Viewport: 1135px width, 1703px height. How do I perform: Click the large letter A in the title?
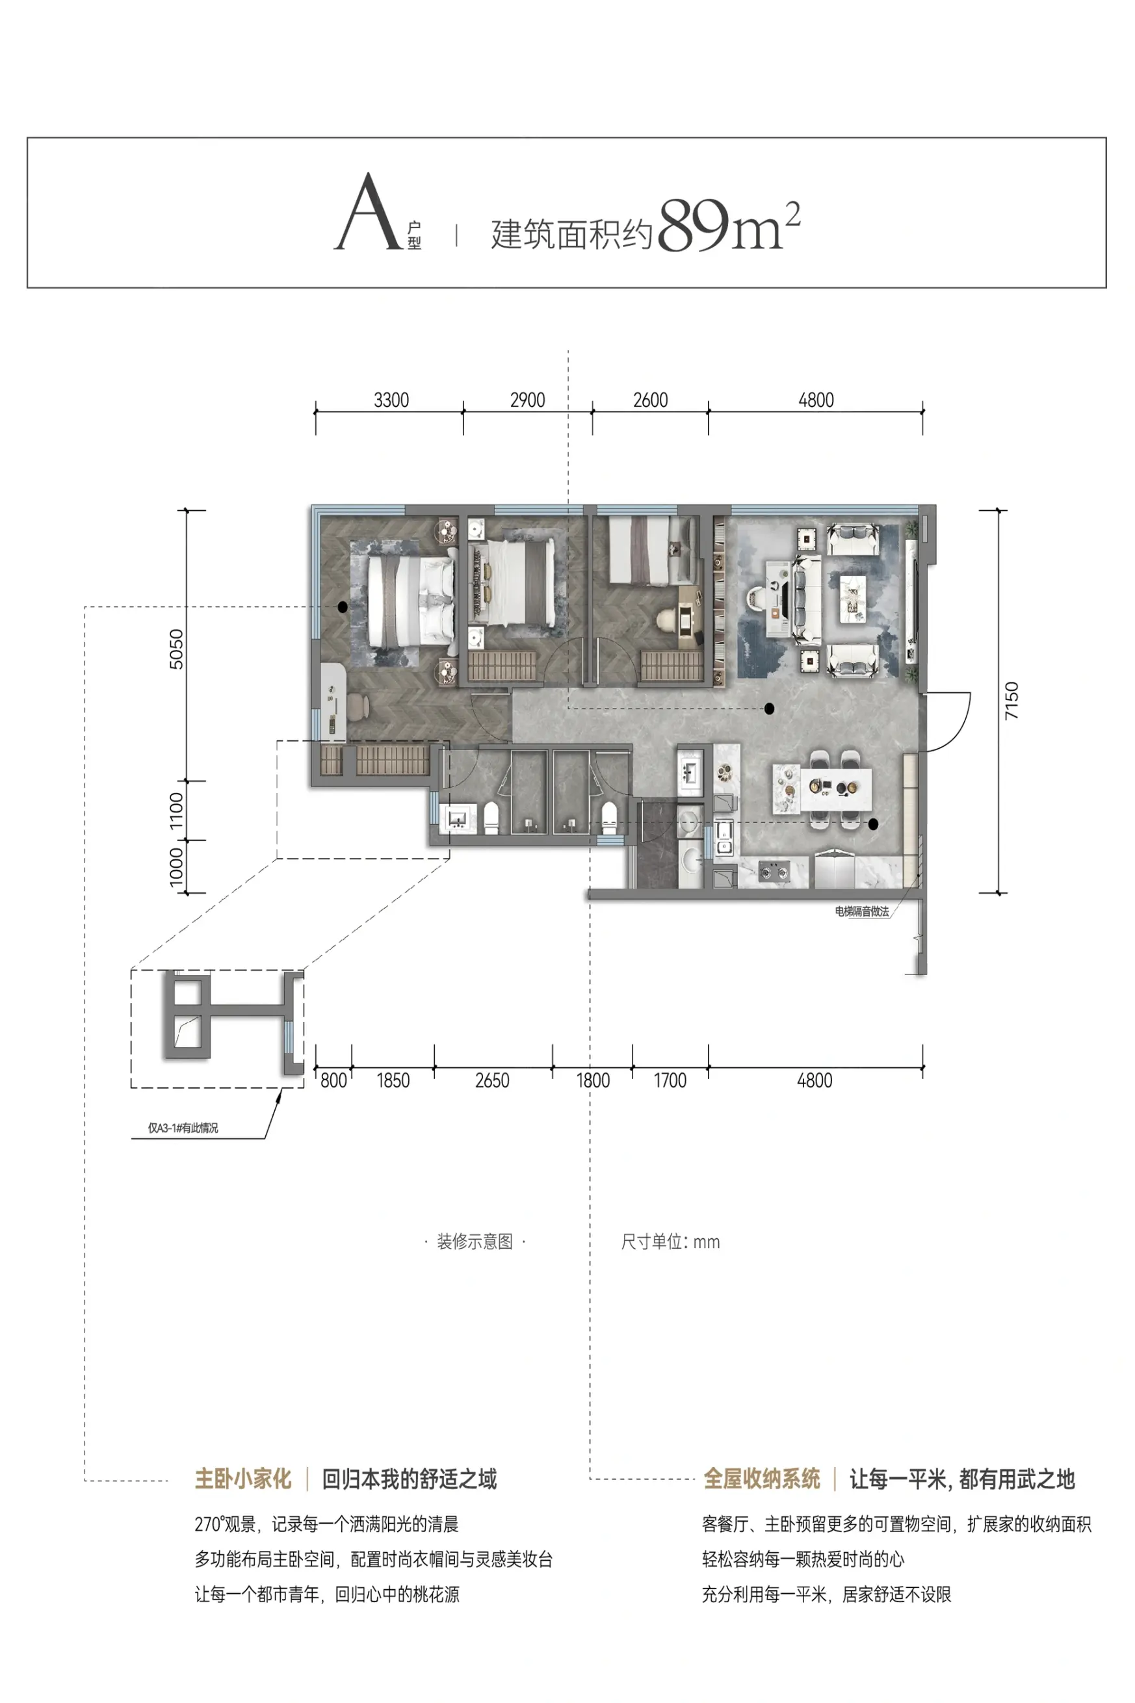point(369,212)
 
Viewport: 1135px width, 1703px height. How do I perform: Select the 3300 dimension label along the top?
point(391,400)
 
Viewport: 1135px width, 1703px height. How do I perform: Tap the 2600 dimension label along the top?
point(650,400)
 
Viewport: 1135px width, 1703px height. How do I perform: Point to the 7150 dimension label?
point(1011,701)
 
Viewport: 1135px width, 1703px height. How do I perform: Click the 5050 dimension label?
point(176,649)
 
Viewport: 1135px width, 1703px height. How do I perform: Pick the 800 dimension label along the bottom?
point(333,1080)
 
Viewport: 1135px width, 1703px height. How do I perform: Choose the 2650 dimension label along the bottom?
point(492,1080)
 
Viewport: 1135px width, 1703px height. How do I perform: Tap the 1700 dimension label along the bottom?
point(670,1080)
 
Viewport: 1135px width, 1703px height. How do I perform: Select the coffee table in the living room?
point(855,599)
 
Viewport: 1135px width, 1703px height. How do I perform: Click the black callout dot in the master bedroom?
point(343,607)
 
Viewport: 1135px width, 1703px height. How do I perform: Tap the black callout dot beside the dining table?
point(874,824)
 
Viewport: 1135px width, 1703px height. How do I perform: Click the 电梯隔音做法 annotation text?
point(861,912)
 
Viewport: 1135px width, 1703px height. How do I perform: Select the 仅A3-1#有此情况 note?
point(183,1128)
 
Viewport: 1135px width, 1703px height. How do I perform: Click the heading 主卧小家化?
point(242,1479)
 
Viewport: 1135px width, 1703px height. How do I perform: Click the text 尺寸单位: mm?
point(670,1242)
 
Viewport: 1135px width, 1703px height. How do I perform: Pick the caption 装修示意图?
point(475,1242)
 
